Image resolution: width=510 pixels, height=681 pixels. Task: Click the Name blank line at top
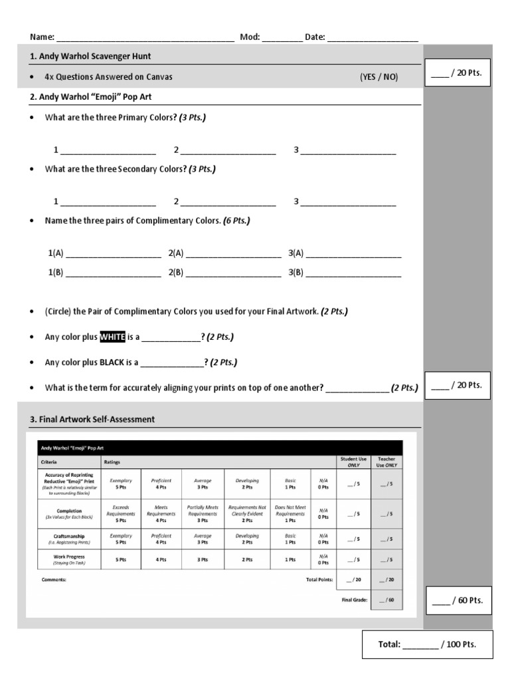[x=145, y=38]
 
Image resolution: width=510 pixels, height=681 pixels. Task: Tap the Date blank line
[x=373, y=38]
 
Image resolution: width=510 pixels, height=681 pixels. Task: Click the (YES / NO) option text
[x=379, y=76]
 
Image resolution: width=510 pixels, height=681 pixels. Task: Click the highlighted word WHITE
[x=112, y=337]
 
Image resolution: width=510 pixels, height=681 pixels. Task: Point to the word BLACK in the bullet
[x=112, y=362]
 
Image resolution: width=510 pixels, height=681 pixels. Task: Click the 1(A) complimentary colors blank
[x=113, y=253]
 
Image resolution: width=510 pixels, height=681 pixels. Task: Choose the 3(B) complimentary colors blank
[x=353, y=272]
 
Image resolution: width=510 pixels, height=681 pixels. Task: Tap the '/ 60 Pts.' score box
[x=458, y=601]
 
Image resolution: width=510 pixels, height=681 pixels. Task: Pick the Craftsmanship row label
[x=63, y=535]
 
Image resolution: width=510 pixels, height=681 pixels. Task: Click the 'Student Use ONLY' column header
[x=353, y=461]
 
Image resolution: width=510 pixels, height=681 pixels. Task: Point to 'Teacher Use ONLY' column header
[x=386, y=461]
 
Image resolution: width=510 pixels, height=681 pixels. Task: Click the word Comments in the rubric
[x=54, y=579]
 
